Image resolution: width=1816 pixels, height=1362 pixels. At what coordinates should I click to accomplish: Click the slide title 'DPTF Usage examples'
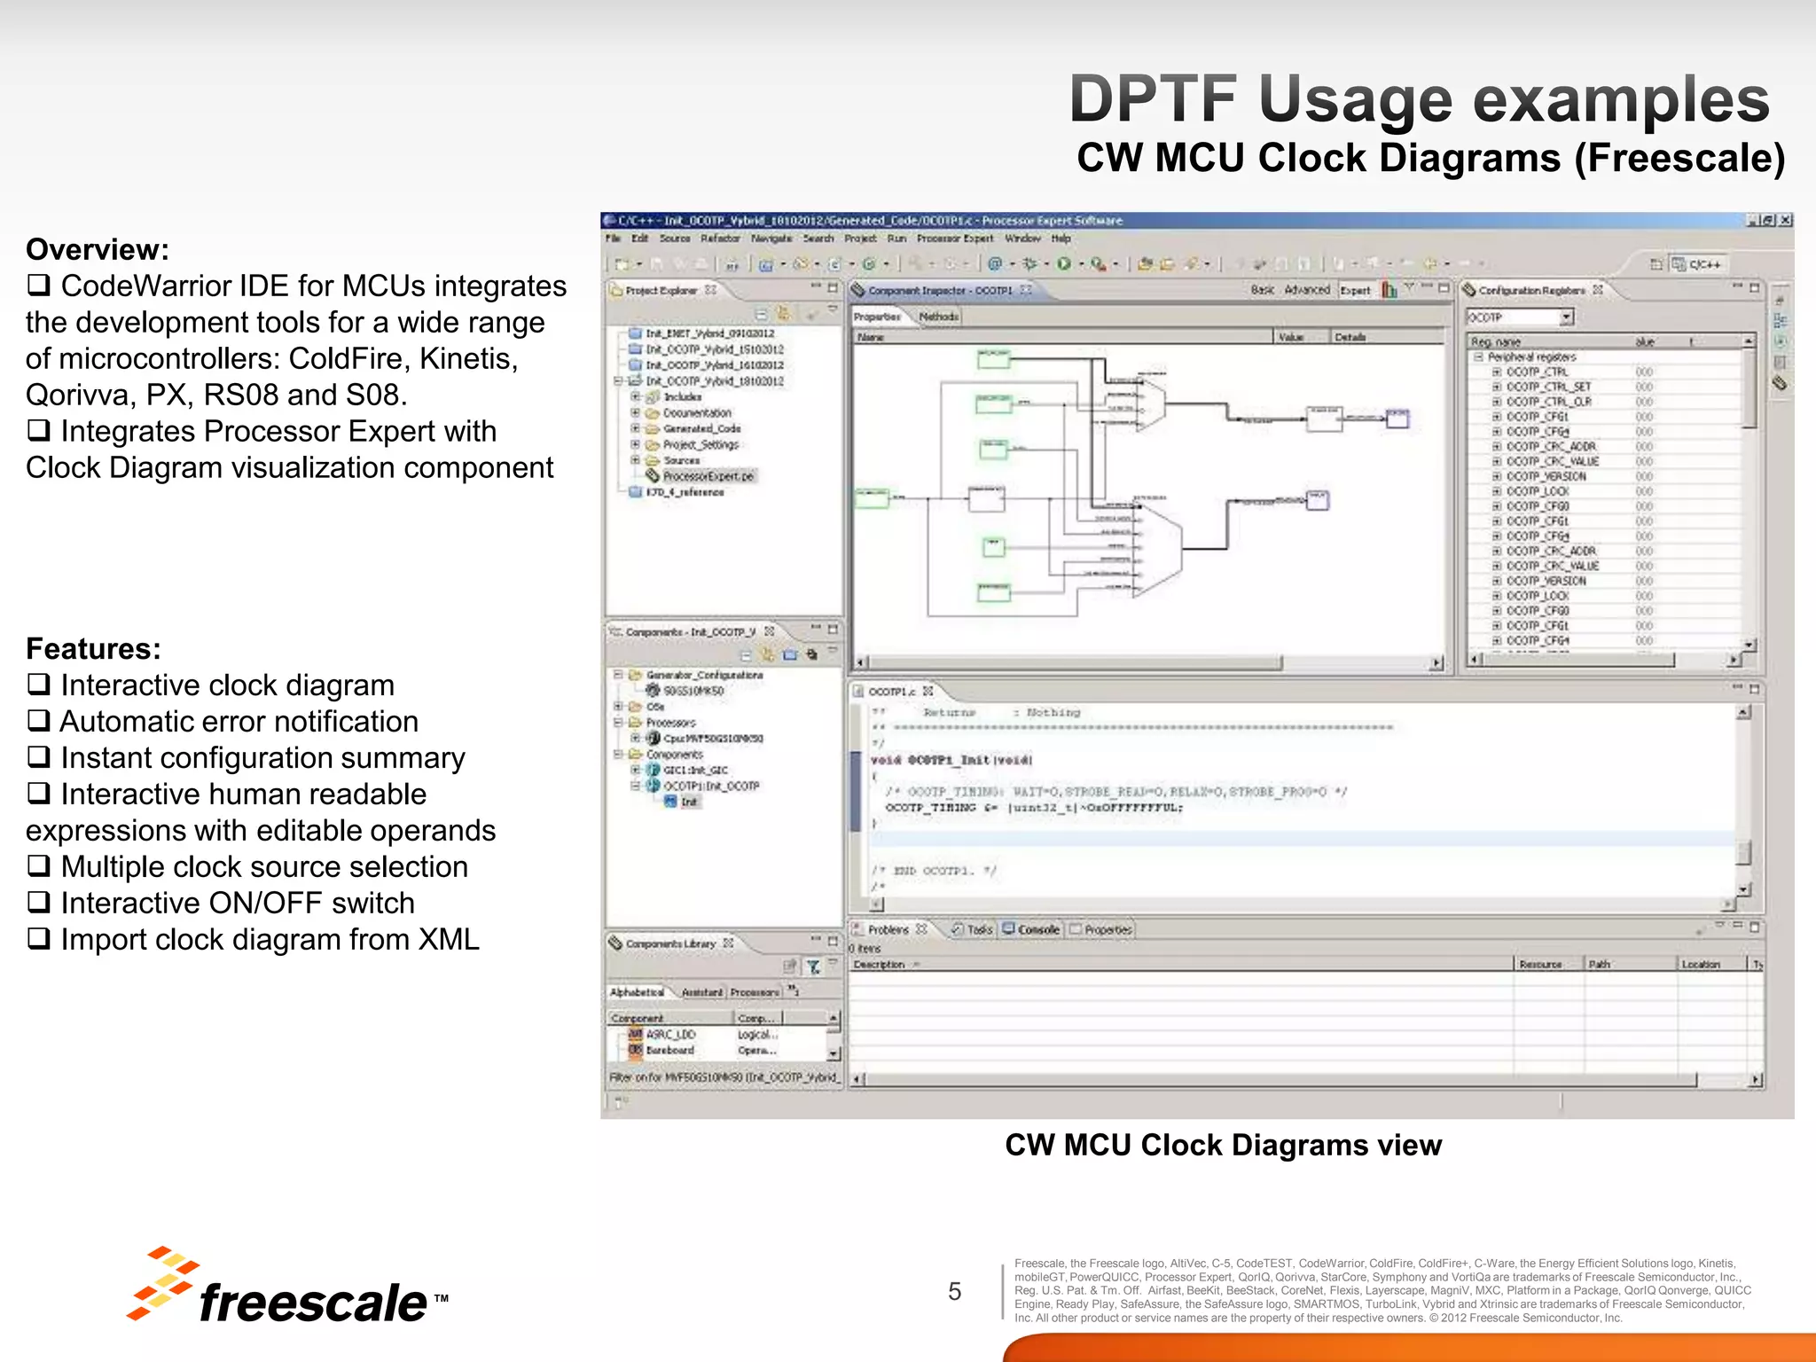click(1419, 99)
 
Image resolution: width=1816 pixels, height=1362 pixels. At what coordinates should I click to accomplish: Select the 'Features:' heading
click(93, 649)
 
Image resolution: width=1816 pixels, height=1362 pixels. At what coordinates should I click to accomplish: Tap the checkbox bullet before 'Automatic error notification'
click(38, 721)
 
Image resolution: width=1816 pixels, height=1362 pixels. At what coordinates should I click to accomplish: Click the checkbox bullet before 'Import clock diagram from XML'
click(38, 939)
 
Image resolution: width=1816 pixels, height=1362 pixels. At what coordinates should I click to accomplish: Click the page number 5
click(954, 1291)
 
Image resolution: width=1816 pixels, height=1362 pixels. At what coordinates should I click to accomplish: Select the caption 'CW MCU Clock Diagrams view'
click(1223, 1146)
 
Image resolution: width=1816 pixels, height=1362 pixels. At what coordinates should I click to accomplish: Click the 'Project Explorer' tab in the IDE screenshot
click(661, 291)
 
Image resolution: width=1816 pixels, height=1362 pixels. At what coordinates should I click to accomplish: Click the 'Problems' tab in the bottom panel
click(888, 929)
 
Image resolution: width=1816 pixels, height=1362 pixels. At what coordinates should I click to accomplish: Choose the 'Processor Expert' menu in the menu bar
click(954, 239)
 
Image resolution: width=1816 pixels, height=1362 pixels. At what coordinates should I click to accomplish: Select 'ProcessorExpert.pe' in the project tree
click(708, 476)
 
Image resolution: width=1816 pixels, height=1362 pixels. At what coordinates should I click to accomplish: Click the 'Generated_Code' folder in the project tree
click(701, 428)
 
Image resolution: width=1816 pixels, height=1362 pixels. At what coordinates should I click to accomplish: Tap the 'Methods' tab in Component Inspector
click(938, 317)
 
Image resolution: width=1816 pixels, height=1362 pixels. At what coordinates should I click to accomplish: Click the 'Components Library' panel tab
click(669, 943)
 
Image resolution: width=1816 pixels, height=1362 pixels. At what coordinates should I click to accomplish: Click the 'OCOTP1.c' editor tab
click(892, 691)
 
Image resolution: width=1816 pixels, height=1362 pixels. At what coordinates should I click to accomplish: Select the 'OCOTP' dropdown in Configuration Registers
click(1519, 317)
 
